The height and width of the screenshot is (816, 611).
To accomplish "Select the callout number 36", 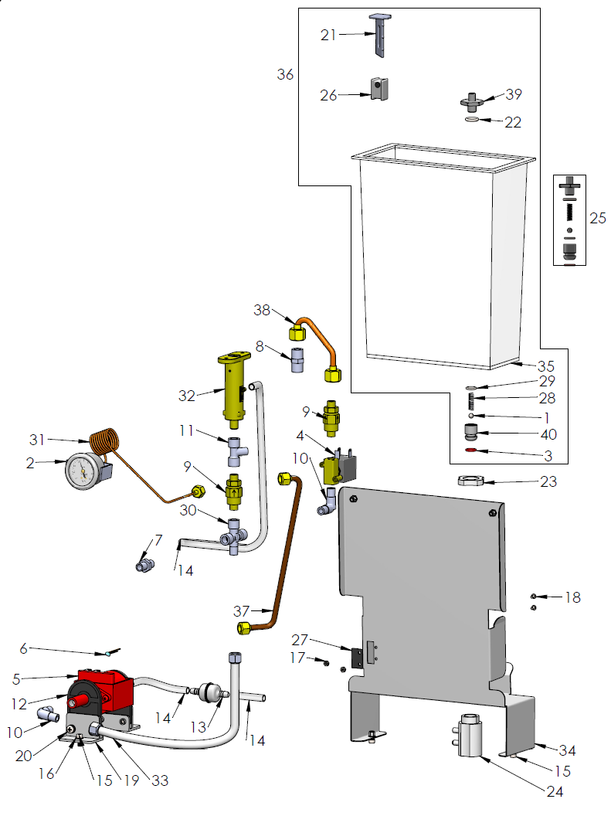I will click(x=286, y=74).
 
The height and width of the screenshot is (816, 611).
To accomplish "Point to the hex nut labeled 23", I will click(x=470, y=481).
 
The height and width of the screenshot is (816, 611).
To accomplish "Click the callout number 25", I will click(x=598, y=219).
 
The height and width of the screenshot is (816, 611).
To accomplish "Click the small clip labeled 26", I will click(x=378, y=89).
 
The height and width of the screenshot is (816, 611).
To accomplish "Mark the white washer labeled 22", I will click(x=472, y=121).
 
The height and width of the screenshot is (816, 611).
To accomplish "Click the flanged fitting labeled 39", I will click(x=471, y=101).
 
